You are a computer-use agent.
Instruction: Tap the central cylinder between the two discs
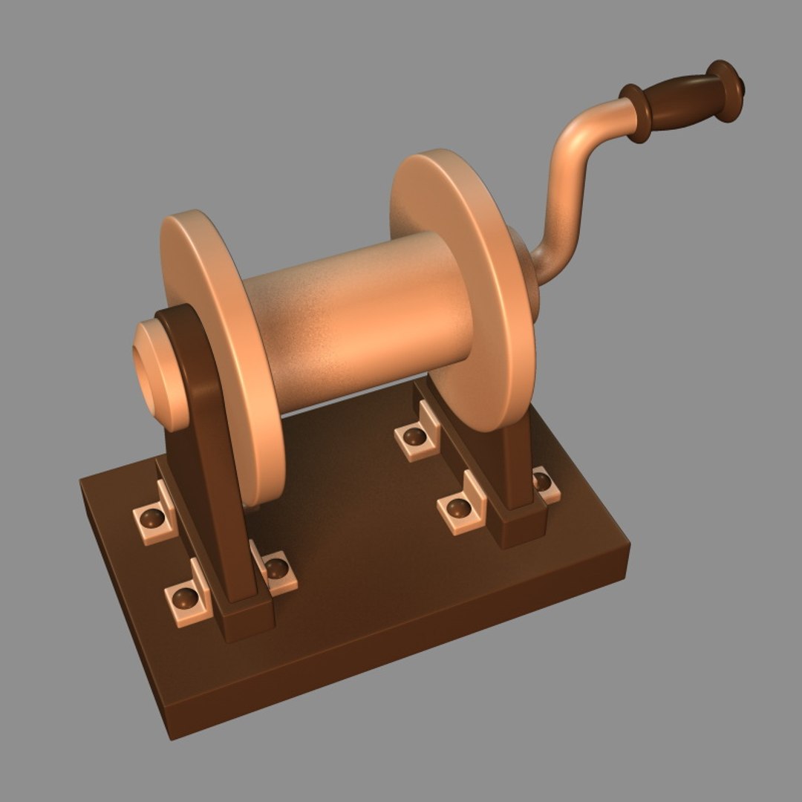356,319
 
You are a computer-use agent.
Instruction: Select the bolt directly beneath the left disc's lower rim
276,570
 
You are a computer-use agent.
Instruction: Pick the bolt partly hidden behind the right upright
544,481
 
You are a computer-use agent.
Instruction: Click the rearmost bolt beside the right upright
414,437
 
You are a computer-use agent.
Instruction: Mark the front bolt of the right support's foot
458,509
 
